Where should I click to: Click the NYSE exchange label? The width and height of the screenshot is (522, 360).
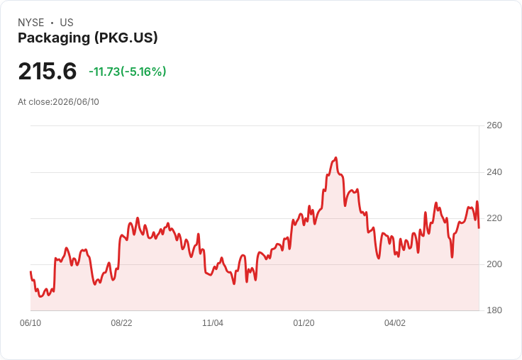tap(31, 23)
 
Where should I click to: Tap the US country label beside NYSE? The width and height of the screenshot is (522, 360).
tap(67, 23)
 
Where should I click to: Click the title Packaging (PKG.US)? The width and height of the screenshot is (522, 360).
tap(87, 38)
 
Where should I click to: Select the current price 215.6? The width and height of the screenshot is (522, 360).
tap(48, 71)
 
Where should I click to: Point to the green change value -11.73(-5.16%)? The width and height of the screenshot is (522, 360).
tap(128, 72)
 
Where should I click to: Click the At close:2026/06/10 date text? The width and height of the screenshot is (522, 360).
tap(58, 102)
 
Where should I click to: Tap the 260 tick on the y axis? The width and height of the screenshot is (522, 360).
tap(494, 125)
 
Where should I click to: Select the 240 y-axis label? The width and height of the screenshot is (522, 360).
tap(494, 172)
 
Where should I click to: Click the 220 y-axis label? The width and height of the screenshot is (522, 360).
tap(494, 218)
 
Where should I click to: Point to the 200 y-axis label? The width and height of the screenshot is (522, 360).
tap(494, 264)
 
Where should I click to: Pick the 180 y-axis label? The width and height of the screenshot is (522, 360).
tap(494, 310)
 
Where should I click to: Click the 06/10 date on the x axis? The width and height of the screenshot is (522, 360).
tap(30, 323)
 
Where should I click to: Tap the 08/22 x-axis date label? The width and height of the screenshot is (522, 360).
tap(121, 323)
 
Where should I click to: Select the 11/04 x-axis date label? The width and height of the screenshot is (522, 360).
tap(213, 323)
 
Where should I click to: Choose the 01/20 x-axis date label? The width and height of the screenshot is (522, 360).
tap(304, 323)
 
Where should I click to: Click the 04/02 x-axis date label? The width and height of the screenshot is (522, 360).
tap(395, 323)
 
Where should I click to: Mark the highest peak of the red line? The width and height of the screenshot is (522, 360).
tap(336, 158)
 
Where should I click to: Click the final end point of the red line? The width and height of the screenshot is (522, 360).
tap(479, 228)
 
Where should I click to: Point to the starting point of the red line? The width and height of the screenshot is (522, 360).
tap(30, 272)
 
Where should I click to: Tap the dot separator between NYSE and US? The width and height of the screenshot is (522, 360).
tap(52, 23)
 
